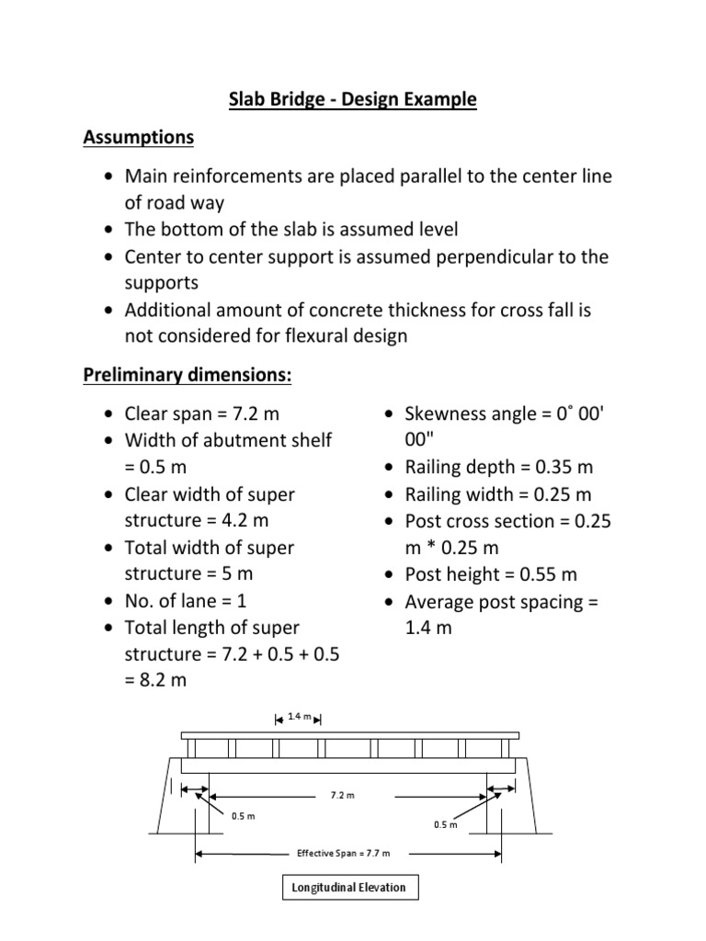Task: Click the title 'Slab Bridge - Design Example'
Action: pos(352,99)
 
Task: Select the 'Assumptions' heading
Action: pos(139,138)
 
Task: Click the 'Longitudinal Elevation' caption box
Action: pos(348,888)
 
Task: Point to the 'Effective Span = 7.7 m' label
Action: pos(343,853)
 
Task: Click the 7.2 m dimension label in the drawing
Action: pos(342,795)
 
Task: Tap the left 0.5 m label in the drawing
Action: pos(243,814)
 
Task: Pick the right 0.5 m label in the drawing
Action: pos(445,824)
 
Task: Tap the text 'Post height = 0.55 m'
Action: pos(492,574)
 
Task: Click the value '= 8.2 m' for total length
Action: pos(154,681)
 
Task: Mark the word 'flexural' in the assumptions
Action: pos(336,335)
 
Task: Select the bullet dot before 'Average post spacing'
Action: pos(391,602)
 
